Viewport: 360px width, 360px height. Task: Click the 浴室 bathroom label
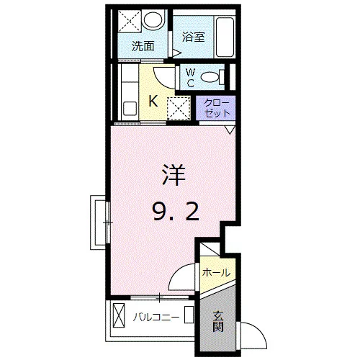pyautogui.click(x=193, y=37)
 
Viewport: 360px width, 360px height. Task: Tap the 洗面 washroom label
pyautogui.click(x=143, y=46)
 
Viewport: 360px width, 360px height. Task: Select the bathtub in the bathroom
pyautogui.click(x=225, y=37)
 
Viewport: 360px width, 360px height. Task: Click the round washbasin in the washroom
pyautogui.click(x=153, y=19)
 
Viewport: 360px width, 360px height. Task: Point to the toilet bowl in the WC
pyautogui.click(x=210, y=77)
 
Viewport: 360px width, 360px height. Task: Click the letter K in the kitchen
pyautogui.click(x=153, y=101)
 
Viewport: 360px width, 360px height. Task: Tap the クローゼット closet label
pyautogui.click(x=217, y=108)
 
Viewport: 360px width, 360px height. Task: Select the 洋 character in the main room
pyautogui.click(x=174, y=175)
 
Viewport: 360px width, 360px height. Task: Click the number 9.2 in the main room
pyautogui.click(x=176, y=211)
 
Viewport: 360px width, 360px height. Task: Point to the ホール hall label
pyautogui.click(x=216, y=272)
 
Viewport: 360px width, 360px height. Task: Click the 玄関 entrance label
pyautogui.click(x=218, y=321)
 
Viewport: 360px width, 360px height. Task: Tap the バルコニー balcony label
pyautogui.click(x=156, y=318)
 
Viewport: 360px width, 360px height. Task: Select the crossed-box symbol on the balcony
pyautogui.click(x=119, y=315)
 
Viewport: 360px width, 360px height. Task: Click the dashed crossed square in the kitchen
pyautogui.click(x=179, y=108)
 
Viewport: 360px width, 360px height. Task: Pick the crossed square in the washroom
pyautogui.click(x=130, y=21)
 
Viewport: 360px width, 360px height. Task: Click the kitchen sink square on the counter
pyautogui.click(x=130, y=109)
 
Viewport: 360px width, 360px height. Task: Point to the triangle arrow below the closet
pyautogui.click(x=230, y=130)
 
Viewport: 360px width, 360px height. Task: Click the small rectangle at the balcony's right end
pyautogui.click(x=189, y=315)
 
